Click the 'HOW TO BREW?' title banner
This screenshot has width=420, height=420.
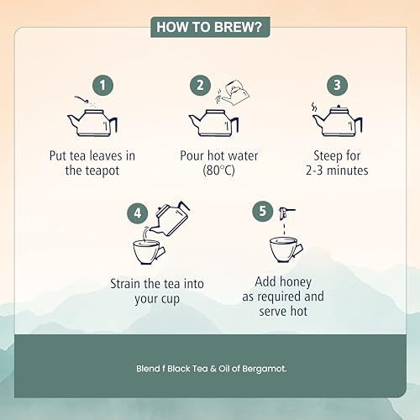click(x=210, y=27)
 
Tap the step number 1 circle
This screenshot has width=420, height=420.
click(x=102, y=85)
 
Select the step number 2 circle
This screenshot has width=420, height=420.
click(x=200, y=85)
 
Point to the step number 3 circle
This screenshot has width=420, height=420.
click(x=337, y=85)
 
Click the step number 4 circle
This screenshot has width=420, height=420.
click(x=137, y=213)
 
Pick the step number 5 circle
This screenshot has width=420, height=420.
click(x=262, y=211)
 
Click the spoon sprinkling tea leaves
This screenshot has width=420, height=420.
click(x=82, y=99)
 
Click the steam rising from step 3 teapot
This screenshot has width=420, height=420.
click(x=314, y=108)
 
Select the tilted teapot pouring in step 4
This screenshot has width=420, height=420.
click(x=171, y=218)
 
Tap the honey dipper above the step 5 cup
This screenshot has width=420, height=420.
click(x=286, y=213)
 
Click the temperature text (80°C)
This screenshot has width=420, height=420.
click(x=218, y=171)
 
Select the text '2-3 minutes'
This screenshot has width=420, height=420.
click(x=337, y=171)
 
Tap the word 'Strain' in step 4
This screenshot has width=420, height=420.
click(x=125, y=284)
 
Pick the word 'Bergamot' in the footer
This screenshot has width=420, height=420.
click(x=264, y=369)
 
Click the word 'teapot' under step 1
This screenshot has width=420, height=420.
click(x=102, y=171)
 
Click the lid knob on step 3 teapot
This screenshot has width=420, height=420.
click(x=339, y=106)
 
